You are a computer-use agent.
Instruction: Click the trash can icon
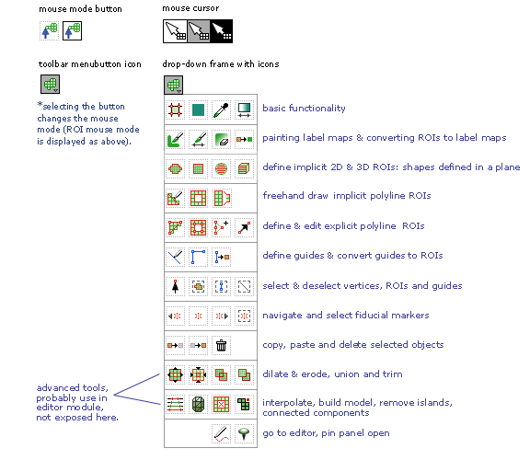tap(221, 345)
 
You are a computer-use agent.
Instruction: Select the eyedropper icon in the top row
tap(221, 109)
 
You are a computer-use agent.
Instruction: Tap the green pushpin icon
tap(244, 433)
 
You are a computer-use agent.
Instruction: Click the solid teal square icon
tap(198, 109)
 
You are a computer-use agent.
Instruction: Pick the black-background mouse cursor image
tap(221, 31)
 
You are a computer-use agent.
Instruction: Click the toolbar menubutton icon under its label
tap(50, 84)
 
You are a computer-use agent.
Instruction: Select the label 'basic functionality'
tap(304, 109)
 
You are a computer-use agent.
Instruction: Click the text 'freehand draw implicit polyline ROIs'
tap(347, 196)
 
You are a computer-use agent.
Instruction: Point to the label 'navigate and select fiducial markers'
tap(346, 316)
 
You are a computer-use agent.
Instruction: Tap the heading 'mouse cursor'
tap(190, 8)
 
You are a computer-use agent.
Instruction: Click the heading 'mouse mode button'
tap(80, 9)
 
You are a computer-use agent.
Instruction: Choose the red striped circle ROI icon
tap(221, 168)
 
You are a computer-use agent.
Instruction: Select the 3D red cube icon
tap(244, 168)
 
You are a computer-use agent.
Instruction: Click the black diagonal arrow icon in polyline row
tap(244, 227)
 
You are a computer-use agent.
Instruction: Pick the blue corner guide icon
tap(198, 257)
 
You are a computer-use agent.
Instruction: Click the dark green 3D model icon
tap(198, 404)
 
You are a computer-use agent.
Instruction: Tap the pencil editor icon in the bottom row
tap(221, 433)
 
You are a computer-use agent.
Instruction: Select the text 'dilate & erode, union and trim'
tap(332, 374)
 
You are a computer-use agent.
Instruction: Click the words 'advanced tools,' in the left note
tap(73, 388)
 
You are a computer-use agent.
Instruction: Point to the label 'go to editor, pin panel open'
tap(326, 433)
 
